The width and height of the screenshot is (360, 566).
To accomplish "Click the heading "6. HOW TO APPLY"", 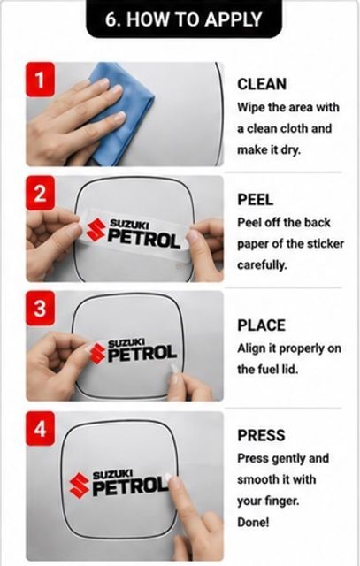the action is coord(183,19).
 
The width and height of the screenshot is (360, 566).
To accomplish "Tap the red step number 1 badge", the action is coord(40,80).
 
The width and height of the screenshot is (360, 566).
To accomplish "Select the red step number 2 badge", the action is coord(40,193).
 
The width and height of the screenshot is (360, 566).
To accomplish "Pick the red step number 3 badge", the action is coord(40,309).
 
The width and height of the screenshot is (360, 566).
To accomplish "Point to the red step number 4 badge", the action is coord(40,428).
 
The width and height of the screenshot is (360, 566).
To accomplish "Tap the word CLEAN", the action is coord(262,84).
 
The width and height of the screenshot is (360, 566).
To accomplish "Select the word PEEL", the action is coord(255,199).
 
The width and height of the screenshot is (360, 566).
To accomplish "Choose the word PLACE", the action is coord(261,325).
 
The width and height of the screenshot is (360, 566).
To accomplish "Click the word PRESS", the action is coord(261,435).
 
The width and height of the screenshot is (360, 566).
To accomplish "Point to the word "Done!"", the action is coord(253,522).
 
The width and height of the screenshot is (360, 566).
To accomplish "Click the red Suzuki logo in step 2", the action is coord(96,230).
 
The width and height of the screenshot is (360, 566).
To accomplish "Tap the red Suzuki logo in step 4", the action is coord(79,485).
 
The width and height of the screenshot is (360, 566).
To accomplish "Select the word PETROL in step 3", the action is coord(142,354).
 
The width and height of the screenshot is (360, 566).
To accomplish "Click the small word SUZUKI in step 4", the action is coord(112,474).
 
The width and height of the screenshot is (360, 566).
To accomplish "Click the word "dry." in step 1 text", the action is coord(291,149).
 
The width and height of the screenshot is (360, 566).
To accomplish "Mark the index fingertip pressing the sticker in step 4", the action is coord(170,478).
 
